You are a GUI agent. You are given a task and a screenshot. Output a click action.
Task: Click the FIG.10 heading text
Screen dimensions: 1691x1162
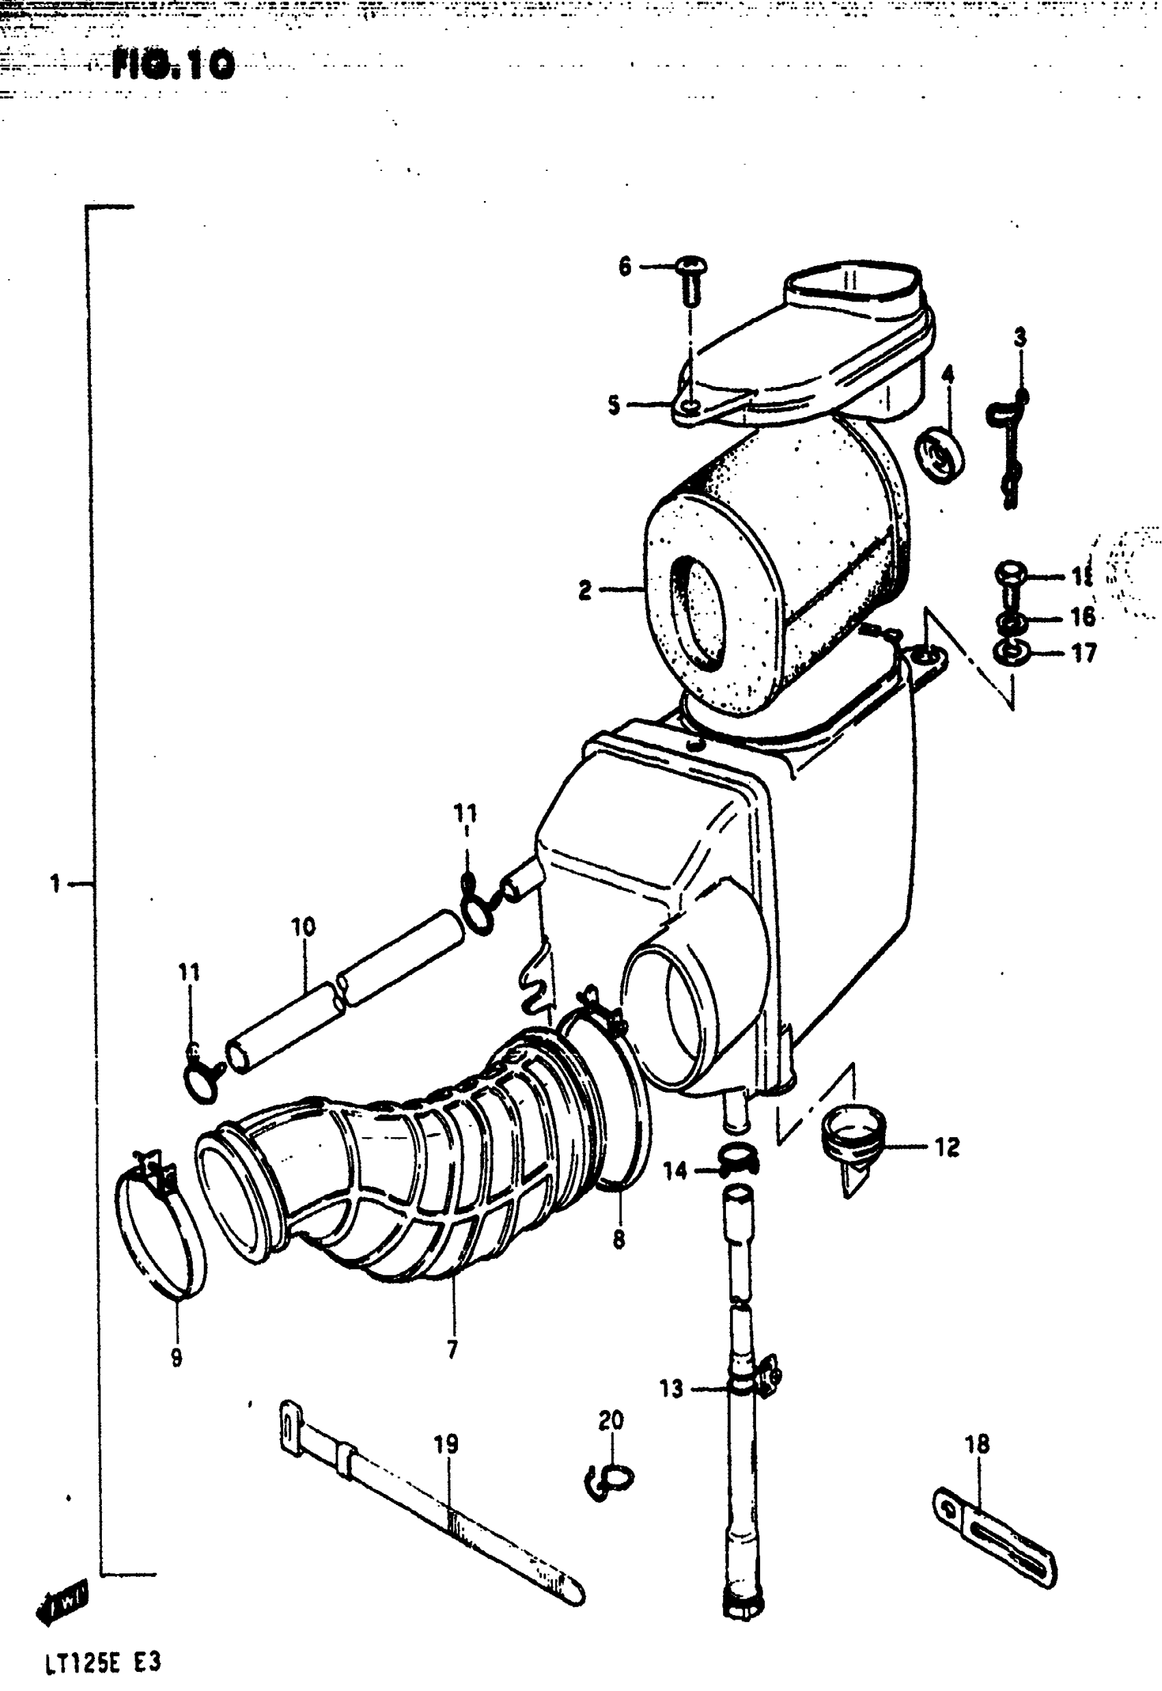[x=174, y=66]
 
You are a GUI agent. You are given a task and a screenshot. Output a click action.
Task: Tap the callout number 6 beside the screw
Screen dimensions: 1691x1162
[x=625, y=267]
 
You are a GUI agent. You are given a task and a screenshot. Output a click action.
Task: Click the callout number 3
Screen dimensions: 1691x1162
[x=1021, y=338]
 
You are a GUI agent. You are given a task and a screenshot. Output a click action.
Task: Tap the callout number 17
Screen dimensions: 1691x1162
[x=1083, y=653]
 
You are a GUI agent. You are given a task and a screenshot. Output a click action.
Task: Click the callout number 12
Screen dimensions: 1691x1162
[x=947, y=1147]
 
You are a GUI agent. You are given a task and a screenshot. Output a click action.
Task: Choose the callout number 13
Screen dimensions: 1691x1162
[x=672, y=1389]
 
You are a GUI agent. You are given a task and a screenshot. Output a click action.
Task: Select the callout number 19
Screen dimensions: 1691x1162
[x=446, y=1443]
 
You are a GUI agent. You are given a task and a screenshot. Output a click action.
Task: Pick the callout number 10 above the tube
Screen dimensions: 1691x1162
[x=303, y=927]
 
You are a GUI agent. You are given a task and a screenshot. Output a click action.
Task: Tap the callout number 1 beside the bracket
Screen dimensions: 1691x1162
[x=55, y=884]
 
